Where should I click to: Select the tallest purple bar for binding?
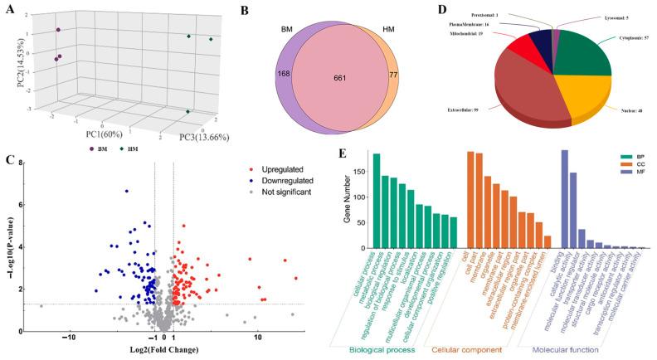(565, 199)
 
